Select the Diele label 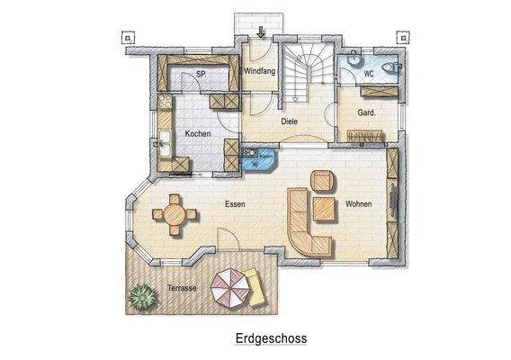pyautogui.click(x=289, y=121)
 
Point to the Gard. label pyautogui.click(x=366, y=114)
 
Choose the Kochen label pyautogui.click(x=198, y=134)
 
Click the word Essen pyautogui.click(x=236, y=204)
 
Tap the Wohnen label pyautogui.click(x=358, y=204)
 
